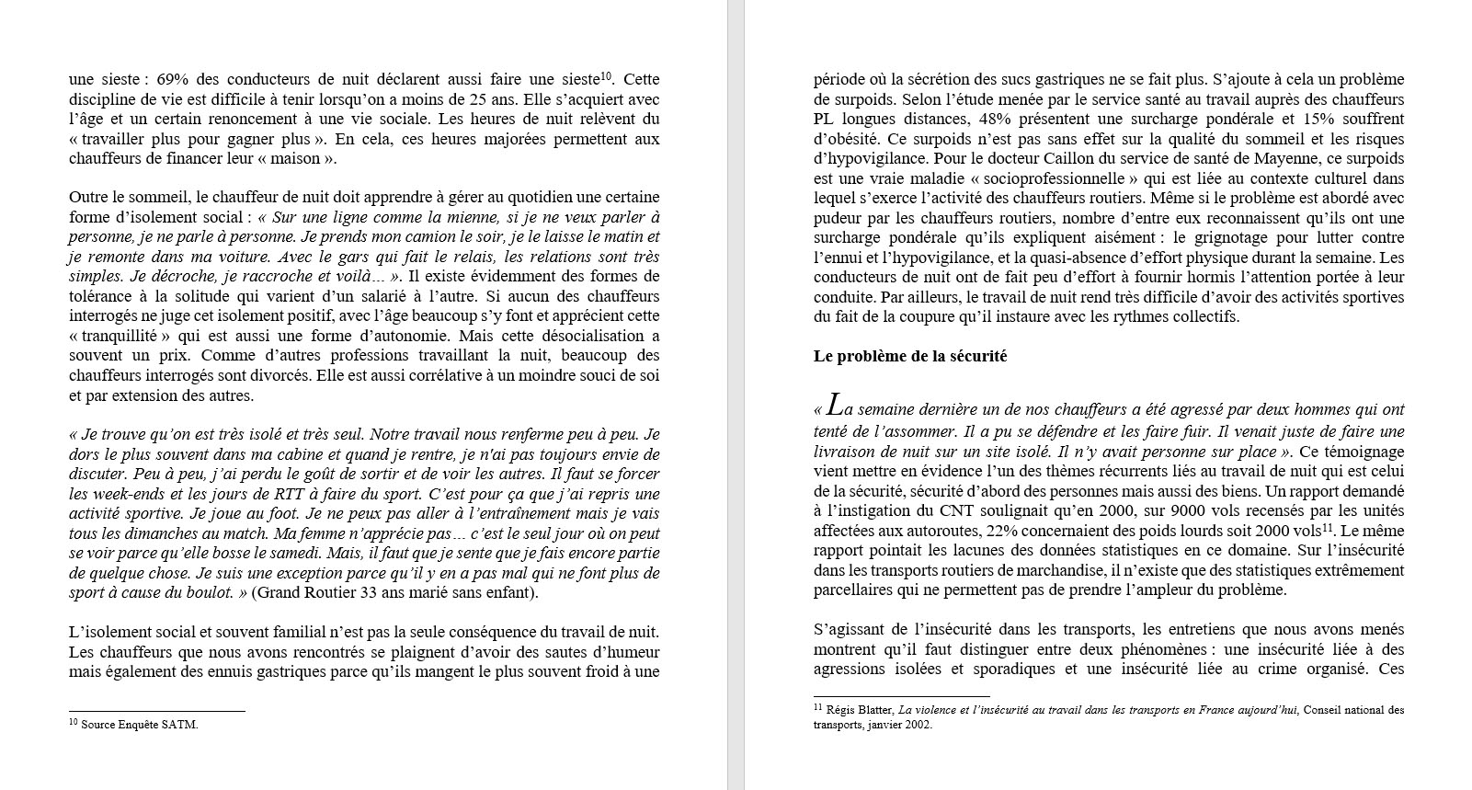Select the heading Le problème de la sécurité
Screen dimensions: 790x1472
[x=910, y=357]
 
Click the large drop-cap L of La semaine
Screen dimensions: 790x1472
[x=835, y=405]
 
